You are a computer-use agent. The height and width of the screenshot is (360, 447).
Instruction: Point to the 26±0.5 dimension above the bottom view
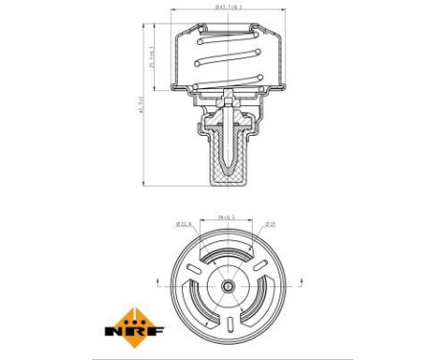[x=227, y=216]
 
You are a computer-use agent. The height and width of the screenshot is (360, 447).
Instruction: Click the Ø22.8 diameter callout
[x=185, y=226]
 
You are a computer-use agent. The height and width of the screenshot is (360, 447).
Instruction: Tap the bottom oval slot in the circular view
[x=228, y=323]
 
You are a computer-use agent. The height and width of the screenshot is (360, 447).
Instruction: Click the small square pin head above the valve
[x=228, y=94]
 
